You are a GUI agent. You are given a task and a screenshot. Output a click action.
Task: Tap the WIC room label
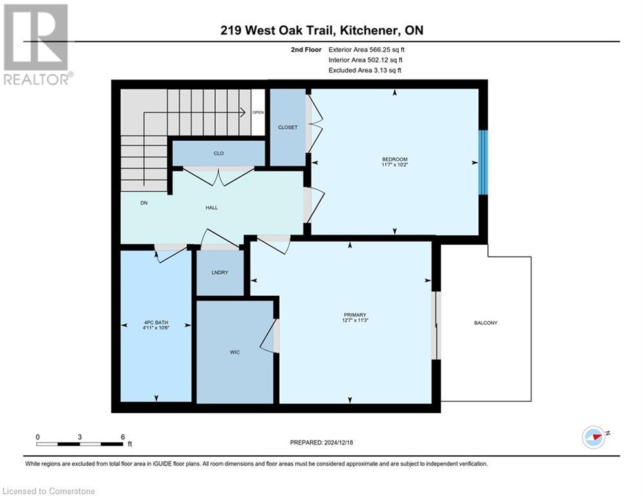coord(235,352)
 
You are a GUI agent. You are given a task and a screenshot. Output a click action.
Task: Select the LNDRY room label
coord(220,273)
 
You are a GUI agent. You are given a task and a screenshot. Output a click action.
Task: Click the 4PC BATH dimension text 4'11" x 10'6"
coord(156,326)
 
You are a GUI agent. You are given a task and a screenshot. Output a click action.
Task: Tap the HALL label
coord(211,207)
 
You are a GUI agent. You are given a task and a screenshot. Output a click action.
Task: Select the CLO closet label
coord(218,154)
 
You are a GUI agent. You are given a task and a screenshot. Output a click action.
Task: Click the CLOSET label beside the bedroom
coord(288,127)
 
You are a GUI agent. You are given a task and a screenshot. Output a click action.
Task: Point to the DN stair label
coord(143,203)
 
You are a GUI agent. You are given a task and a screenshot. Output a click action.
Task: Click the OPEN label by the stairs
coord(258,112)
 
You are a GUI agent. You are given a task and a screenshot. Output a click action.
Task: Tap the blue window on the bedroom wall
coord(483,161)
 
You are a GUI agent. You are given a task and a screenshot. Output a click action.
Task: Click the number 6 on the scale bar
coord(122,437)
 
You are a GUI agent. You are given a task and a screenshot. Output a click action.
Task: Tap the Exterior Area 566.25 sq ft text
coord(367,49)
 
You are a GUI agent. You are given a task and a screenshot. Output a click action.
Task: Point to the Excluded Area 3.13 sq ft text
coord(364,70)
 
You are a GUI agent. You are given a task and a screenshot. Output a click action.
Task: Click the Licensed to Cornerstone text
coord(49,491)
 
